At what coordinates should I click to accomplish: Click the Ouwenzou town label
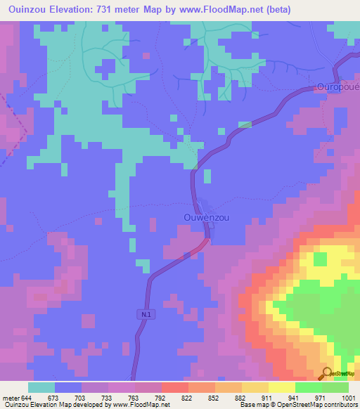(206, 217)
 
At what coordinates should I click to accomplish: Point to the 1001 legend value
(348, 397)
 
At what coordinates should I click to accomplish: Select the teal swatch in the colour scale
(41, 387)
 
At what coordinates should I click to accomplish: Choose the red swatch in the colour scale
(175, 387)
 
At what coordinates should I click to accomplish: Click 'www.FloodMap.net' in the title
(219, 9)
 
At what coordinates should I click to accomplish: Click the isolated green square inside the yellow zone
(320, 259)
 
